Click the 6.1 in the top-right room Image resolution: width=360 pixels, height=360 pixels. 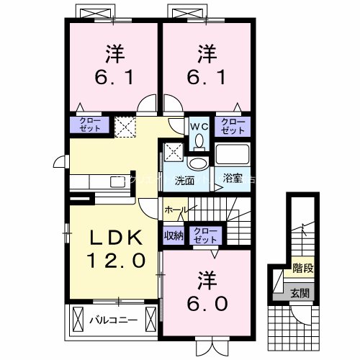207,76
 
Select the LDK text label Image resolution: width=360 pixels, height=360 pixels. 112,238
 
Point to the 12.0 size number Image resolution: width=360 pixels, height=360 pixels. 112,259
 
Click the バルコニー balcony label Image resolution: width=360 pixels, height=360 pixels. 113,318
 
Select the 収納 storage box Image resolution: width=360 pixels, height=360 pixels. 174,234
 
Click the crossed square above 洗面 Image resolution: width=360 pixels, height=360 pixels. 172,153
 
